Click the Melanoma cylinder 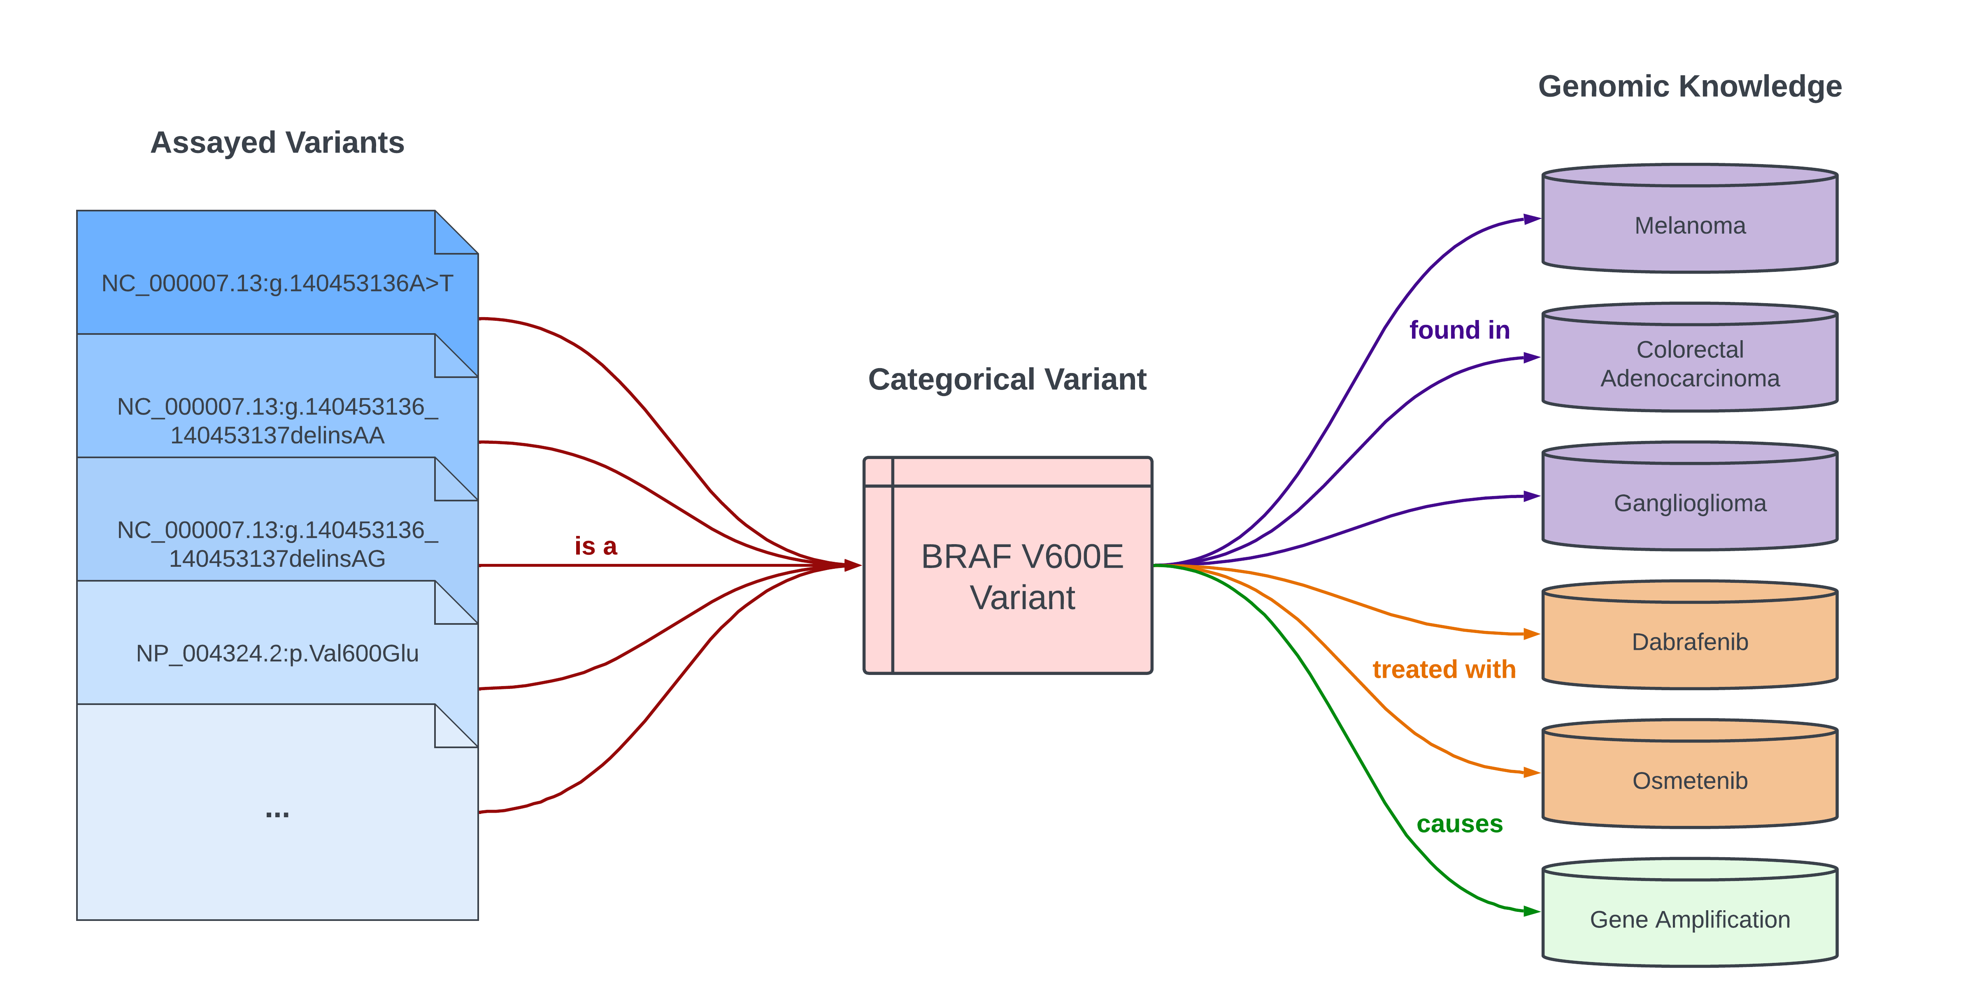tap(1690, 225)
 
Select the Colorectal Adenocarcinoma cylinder tap(1690, 363)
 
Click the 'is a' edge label tap(595, 546)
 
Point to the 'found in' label tap(1459, 329)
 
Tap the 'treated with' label tap(1443, 669)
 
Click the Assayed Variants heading tap(277, 142)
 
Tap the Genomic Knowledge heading tap(1690, 86)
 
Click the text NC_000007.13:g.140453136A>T tap(277, 283)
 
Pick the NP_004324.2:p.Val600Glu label tap(277, 653)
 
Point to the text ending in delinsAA tap(277, 420)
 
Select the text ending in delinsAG tap(277, 544)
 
